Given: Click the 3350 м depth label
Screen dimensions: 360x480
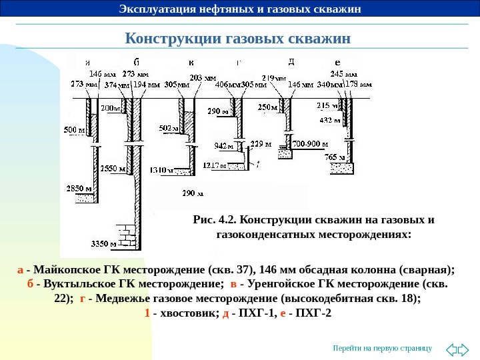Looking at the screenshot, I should tap(104, 243).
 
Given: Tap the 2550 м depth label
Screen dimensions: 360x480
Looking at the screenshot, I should tap(113, 169).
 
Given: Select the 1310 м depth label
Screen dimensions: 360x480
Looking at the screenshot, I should tap(162, 171).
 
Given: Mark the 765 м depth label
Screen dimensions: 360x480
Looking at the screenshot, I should tap(335, 157).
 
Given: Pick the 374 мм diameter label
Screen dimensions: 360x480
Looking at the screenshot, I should tap(118, 85).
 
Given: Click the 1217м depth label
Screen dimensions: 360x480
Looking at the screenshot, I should tap(215, 165).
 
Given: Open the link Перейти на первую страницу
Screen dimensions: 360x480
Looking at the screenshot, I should tap(383, 348).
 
